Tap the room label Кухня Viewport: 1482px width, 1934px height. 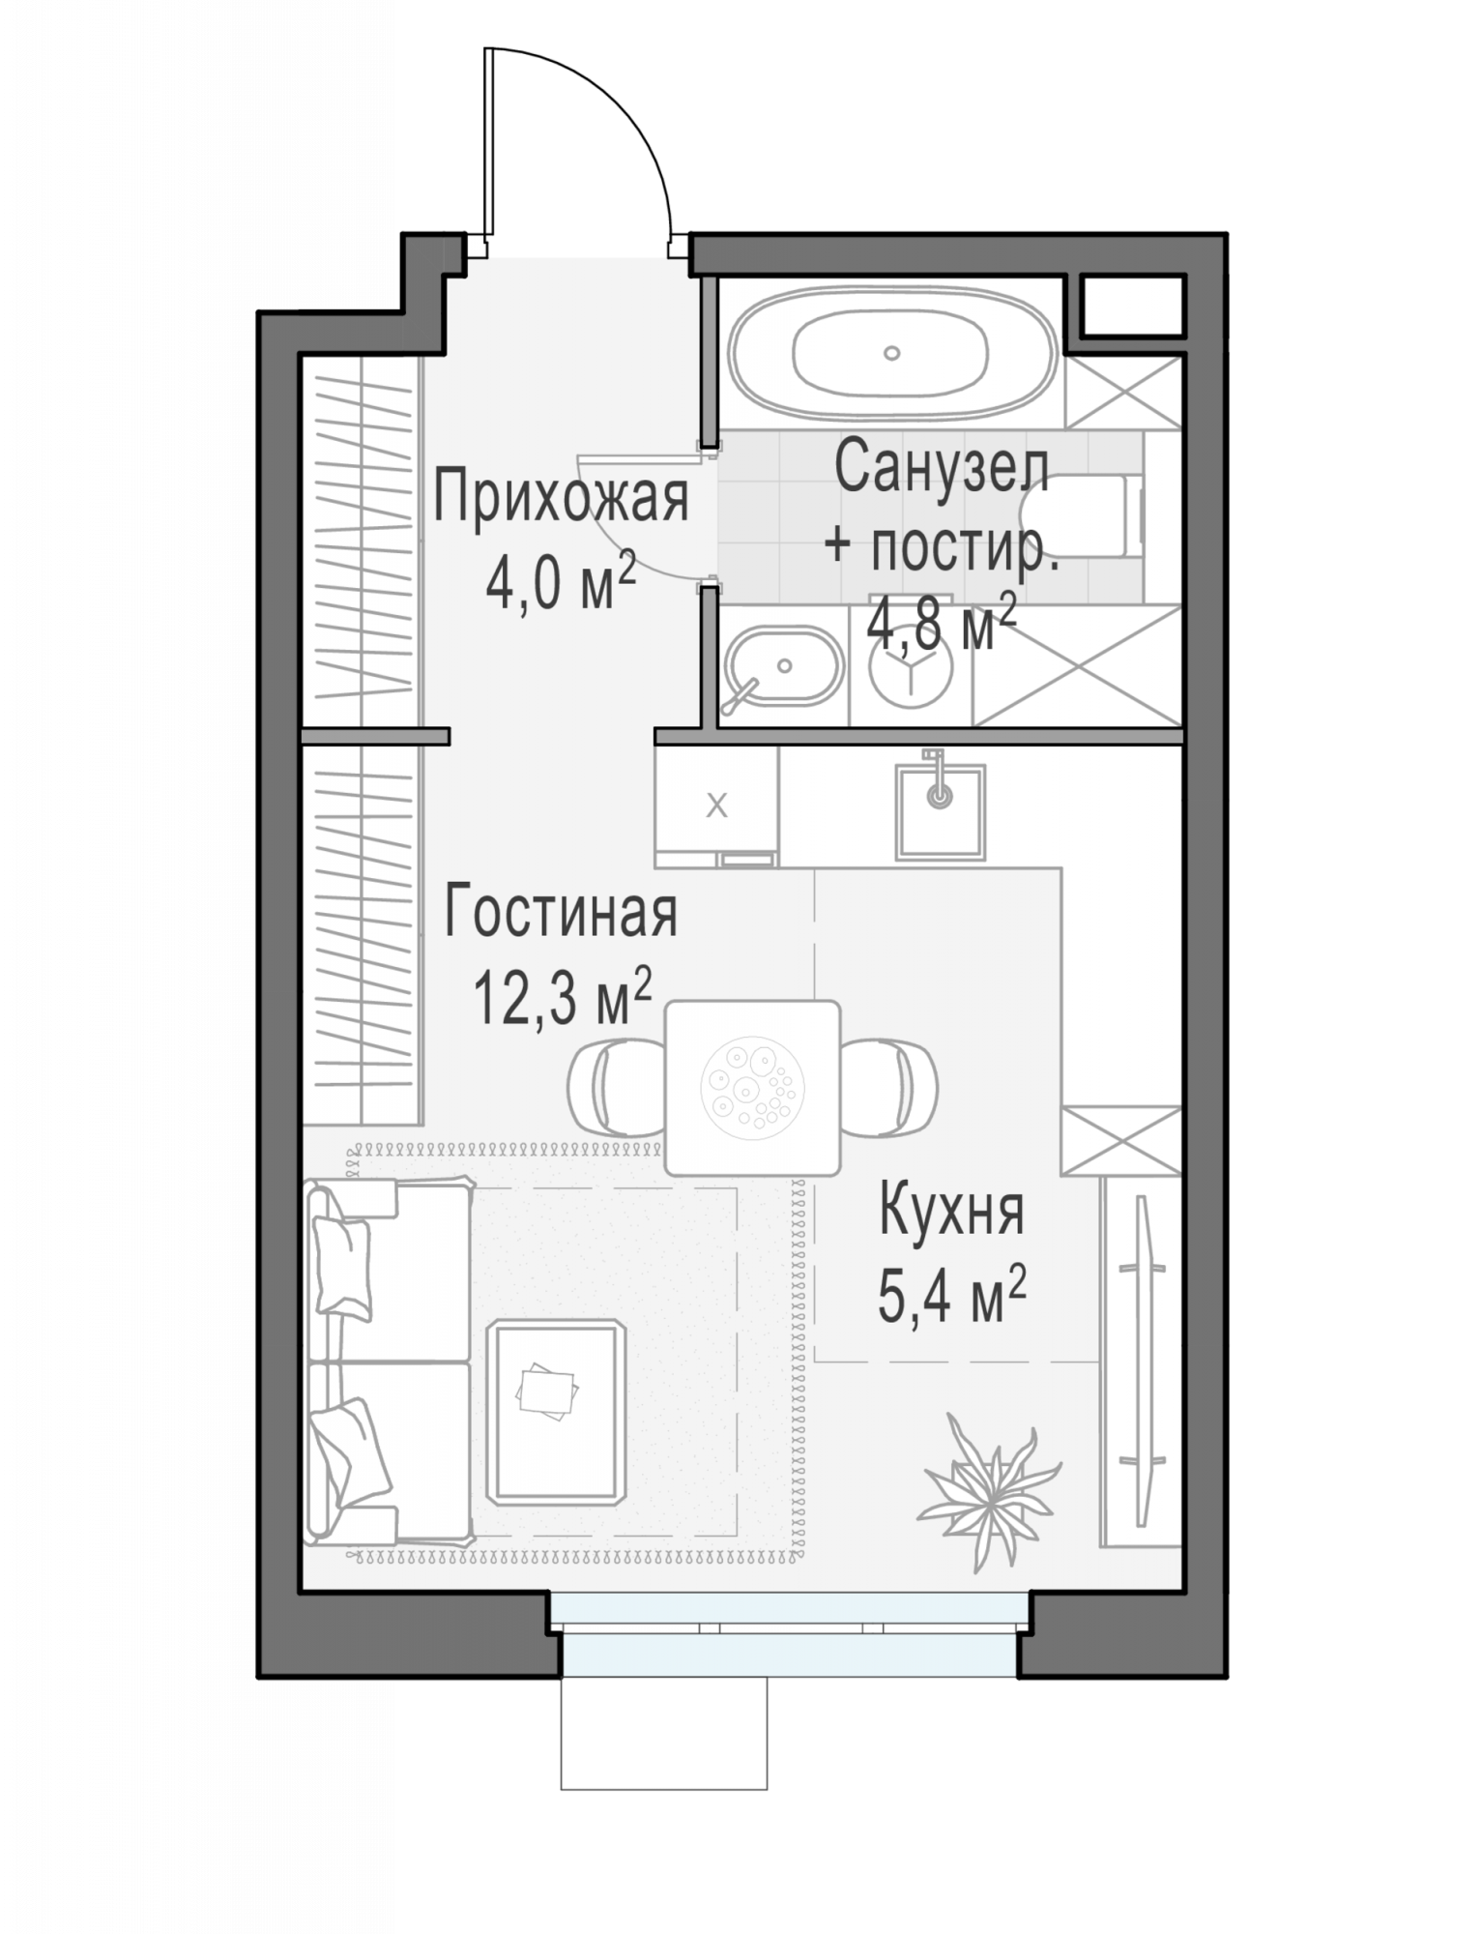[x=951, y=1211]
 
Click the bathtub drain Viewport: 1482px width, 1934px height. [x=892, y=353]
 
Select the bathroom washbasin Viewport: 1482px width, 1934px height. [x=784, y=665]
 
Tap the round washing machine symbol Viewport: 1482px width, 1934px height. [x=910, y=666]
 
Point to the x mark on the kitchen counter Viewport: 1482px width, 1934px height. [x=716, y=805]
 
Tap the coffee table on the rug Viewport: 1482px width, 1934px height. [x=556, y=1412]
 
